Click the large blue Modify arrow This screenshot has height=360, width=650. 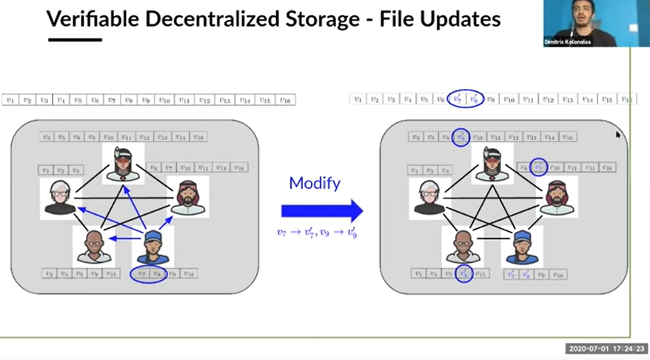pos(321,210)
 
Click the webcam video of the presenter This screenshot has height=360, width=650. pos(596,24)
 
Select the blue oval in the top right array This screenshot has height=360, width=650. pos(466,99)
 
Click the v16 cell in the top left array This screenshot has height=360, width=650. pos(286,100)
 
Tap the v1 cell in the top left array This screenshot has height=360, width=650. pos(10,100)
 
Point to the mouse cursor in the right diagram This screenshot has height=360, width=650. pos(618,135)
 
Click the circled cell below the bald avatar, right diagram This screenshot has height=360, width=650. pos(463,274)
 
